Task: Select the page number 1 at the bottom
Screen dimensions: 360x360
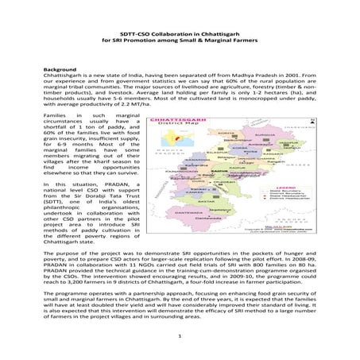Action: click(180, 337)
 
